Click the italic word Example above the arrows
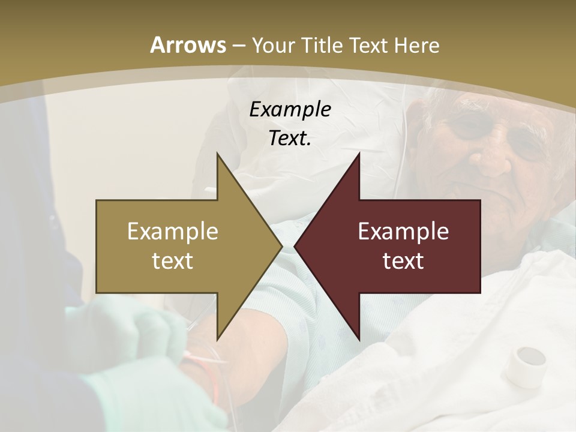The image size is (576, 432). tap(290, 109)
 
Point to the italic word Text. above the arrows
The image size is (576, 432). tap(290, 138)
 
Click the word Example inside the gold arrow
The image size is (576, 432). tap(172, 232)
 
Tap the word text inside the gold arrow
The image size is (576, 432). tap(172, 260)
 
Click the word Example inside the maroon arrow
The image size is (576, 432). tap(403, 232)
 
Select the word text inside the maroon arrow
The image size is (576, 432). tap(403, 260)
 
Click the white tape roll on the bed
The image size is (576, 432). tap(526, 365)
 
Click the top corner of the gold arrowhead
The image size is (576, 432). tap(217, 154)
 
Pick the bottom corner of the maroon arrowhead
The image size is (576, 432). tap(359, 339)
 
